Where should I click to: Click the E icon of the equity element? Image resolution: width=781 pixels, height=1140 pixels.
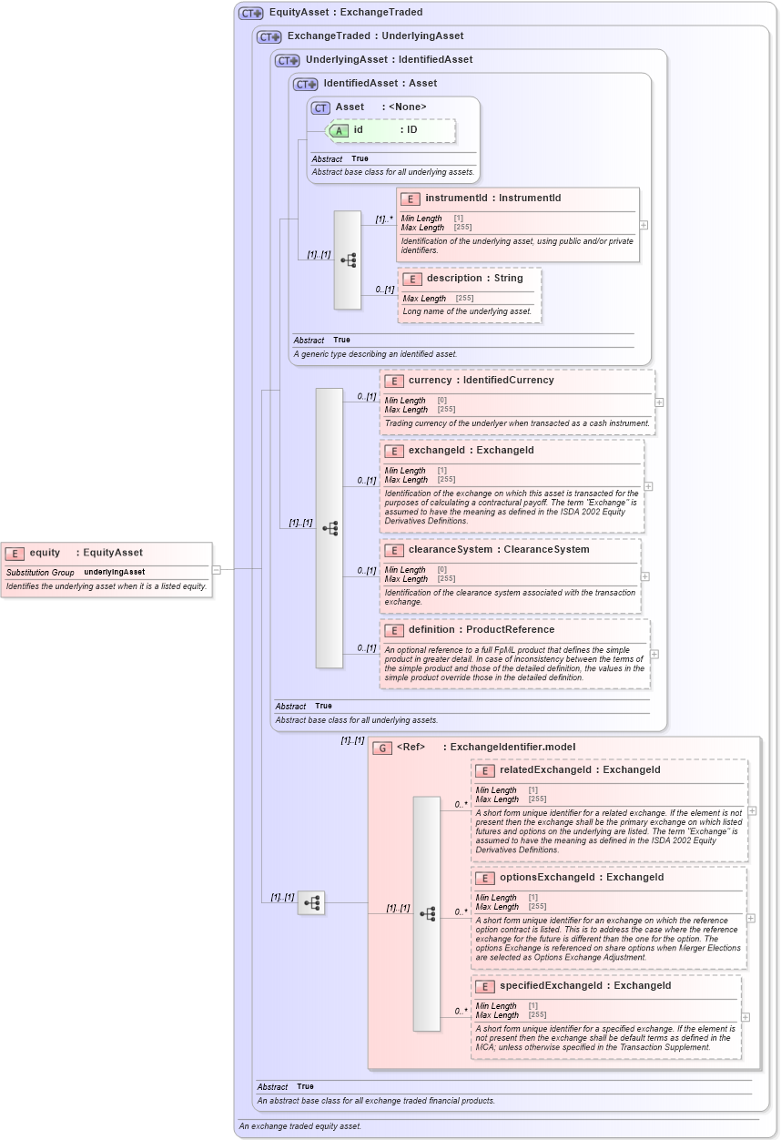(x=15, y=553)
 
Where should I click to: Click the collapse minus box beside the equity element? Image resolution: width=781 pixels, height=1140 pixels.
(x=217, y=570)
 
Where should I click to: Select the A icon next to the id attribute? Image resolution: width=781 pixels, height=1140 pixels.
(x=339, y=130)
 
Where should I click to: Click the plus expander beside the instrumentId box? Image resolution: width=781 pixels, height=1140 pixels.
(x=644, y=224)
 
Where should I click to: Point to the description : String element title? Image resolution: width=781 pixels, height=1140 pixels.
(x=474, y=278)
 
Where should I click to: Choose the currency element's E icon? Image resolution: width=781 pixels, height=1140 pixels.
(x=394, y=381)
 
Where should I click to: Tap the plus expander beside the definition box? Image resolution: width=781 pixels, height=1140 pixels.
(x=654, y=654)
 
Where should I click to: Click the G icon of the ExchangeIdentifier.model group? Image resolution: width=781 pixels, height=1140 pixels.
(x=383, y=748)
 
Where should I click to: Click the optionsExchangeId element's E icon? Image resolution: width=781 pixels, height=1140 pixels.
(x=485, y=878)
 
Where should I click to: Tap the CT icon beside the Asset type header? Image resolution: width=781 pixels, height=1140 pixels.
(x=320, y=107)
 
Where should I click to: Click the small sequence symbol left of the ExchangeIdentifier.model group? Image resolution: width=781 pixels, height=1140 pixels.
(x=311, y=902)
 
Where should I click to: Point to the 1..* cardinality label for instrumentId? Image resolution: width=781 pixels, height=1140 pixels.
(x=384, y=219)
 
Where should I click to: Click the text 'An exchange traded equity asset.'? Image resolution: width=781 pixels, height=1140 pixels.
(x=299, y=1126)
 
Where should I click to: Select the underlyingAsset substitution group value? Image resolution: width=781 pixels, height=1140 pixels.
(x=115, y=572)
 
